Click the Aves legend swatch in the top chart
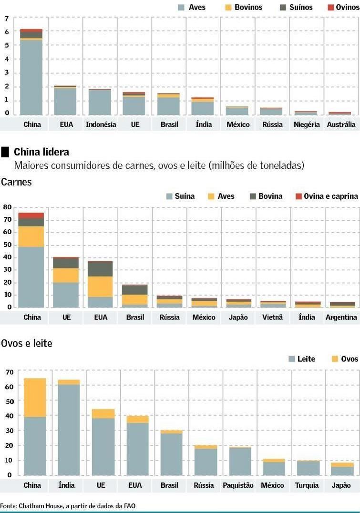click(181, 8)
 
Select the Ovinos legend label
click(347, 8)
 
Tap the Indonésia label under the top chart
click(101, 124)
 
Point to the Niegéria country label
click(307, 124)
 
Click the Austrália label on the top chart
click(341, 124)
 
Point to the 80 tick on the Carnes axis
click(7, 207)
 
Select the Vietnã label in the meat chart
click(272, 317)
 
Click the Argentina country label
click(341, 317)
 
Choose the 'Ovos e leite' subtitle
click(27, 343)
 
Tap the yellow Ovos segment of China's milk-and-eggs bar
click(35, 397)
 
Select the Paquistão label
click(238, 485)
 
